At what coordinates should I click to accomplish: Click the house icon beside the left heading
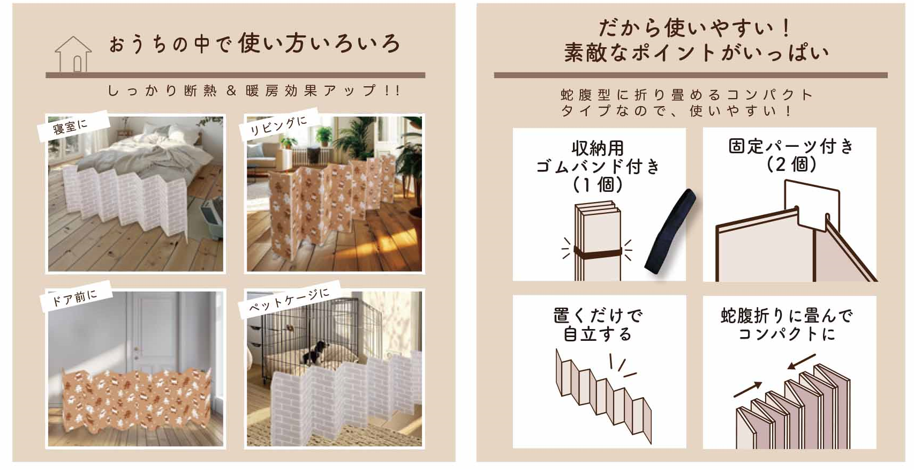click(x=73, y=54)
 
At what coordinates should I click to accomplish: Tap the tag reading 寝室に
click(x=73, y=126)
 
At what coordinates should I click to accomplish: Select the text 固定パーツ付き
click(x=791, y=146)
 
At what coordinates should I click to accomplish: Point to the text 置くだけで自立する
click(x=598, y=325)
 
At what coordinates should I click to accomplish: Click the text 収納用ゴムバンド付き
click(x=598, y=157)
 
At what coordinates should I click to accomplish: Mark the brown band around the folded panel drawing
click(x=598, y=253)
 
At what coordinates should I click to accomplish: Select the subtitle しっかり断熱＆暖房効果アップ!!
click(x=254, y=91)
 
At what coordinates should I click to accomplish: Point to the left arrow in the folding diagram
click(x=747, y=390)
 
